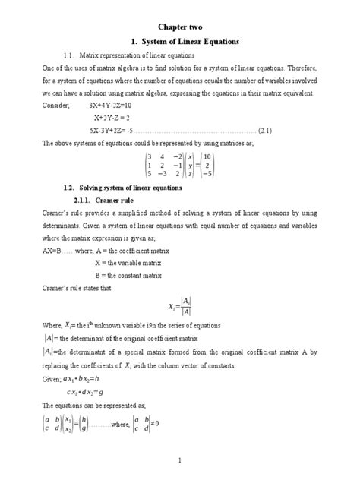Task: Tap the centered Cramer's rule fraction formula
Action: point(179,306)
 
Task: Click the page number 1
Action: point(179,460)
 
